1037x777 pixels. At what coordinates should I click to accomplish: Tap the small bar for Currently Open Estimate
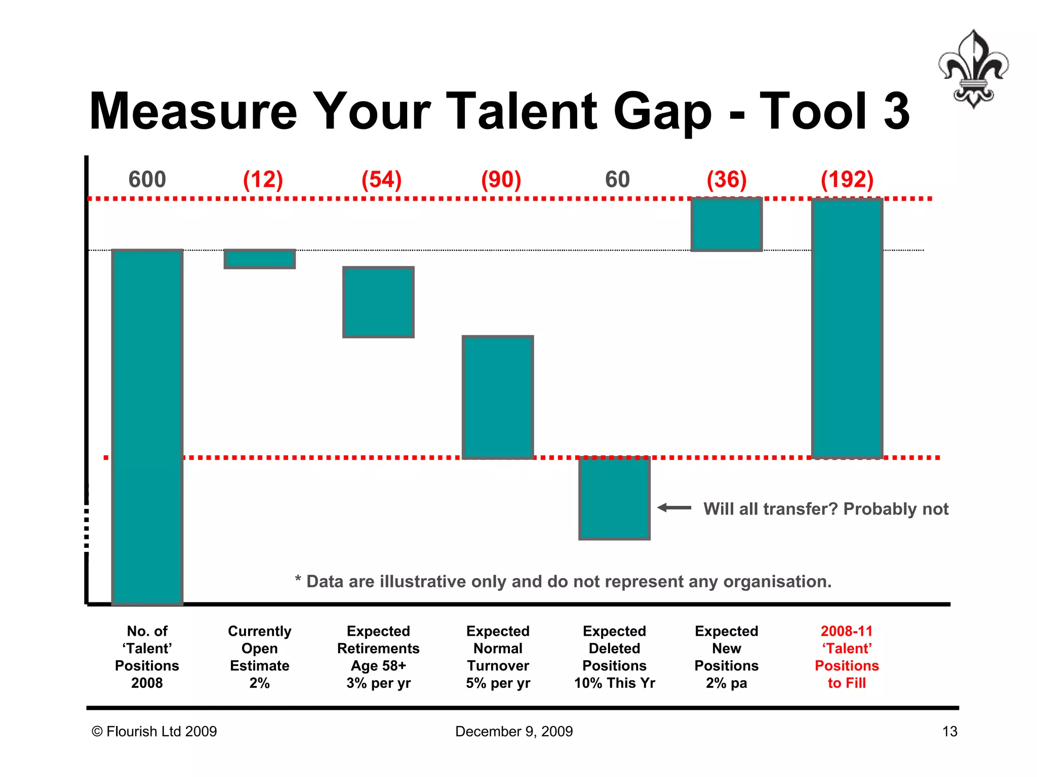[x=259, y=259]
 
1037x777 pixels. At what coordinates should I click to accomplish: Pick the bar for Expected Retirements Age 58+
[x=378, y=302]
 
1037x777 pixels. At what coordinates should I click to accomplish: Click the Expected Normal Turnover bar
[x=498, y=397]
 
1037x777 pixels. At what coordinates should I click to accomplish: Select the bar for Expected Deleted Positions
[x=614, y=498]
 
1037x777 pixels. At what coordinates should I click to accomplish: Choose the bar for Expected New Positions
[x=726, y=224]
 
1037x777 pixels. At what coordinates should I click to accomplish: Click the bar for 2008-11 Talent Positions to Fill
[x=847, y=328]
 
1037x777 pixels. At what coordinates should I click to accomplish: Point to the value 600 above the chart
[x=147, y=180]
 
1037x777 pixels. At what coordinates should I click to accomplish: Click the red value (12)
[x=263, y=180]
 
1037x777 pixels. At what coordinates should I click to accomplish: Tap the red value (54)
[x=381, y=180]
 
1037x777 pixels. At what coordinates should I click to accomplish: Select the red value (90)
[x=501, y=180]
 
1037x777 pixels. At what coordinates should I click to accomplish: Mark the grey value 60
[x=617, y=180]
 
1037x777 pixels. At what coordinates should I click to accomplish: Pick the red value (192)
[x=847, y=180]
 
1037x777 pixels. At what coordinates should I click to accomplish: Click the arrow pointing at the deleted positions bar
[x=674, y=507]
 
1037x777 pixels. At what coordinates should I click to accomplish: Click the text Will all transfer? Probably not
[x=825, y=508]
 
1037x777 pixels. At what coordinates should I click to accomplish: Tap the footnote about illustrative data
[x=563, y=581]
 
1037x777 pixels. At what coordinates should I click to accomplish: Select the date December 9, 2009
[x=513, y=731]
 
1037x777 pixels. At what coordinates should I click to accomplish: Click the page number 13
[x=949, y=731]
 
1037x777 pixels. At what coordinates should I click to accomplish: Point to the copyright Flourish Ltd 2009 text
[x=154, y=731]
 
